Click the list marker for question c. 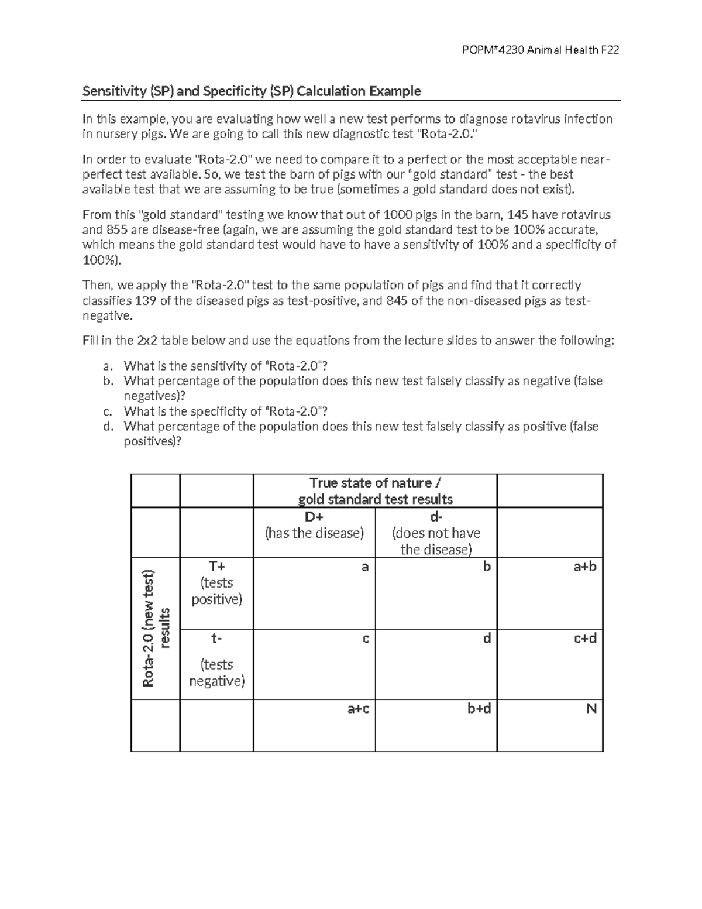coord(106,411)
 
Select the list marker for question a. coord(106,366)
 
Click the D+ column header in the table coord(314,517)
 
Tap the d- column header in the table coord(436,517)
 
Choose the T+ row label coord(216,567)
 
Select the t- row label coord(216,639)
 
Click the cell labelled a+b coord(584,567)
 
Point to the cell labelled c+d coord(584,639)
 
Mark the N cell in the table coord(591,709)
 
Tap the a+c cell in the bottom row coord(358,709)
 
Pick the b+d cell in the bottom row coord(479,709)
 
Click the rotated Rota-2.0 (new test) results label coord(156,629)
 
